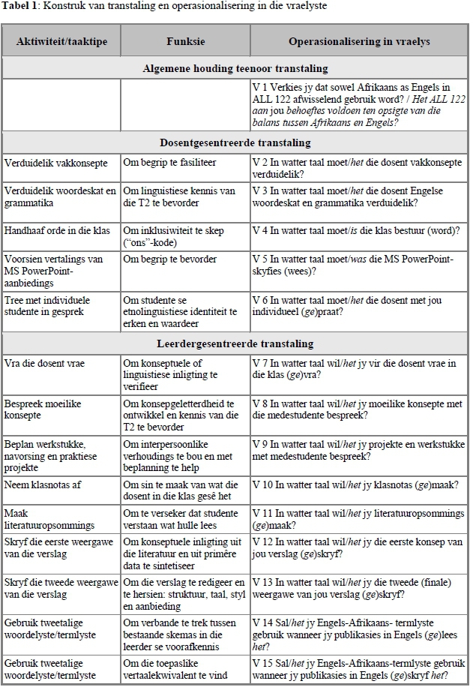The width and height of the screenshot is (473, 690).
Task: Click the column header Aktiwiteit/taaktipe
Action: pyautogui.click(x=61, y=41)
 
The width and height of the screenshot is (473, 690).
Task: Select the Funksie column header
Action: pyautogui.click(x=185, y=41)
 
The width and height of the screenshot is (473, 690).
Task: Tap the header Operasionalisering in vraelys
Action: pyautogui.click(x=359, y=41)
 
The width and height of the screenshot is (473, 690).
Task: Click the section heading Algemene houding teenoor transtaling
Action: pyautogui.click(x=236, y=68)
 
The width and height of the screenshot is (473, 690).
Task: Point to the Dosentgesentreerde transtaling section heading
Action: pyautogui.click(x=236, y=142)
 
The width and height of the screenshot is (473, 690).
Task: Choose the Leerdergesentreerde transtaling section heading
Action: pyautogui.click(x=236, y=344)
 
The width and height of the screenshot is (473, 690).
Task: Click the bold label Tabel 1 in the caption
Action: pyautogui.click(x=20, y=6)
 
